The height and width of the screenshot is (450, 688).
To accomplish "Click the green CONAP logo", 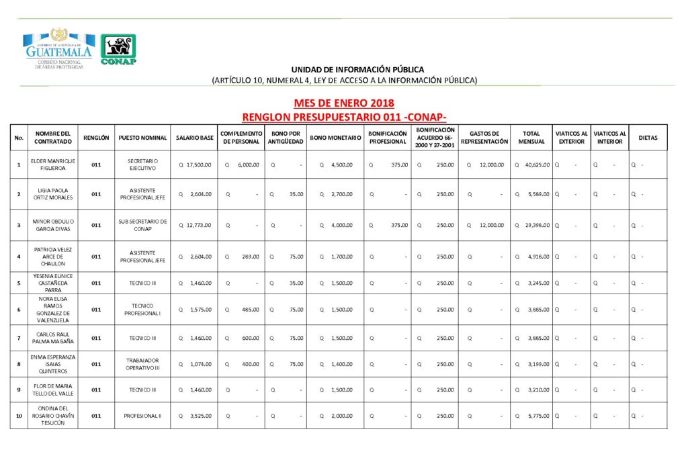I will [x=118, y=49].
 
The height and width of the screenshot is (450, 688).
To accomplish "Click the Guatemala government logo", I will [x=58, y=49].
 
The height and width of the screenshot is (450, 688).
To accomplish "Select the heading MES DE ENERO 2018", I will [x=343, y=103].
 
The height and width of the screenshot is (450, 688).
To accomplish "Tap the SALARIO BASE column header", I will [x=194, y=138].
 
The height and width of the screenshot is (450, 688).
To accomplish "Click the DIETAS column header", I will [x=648, y=138].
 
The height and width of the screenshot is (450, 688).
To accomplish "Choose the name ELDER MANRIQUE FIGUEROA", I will [x=53, y=165].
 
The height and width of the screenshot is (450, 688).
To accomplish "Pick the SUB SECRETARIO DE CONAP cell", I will [x=142, y=226].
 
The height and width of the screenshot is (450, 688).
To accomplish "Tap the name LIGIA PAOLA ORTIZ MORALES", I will [x=53, y=194].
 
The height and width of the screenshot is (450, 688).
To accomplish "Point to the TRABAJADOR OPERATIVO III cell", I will [x=142, y=364].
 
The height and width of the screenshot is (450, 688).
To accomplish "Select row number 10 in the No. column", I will [x=19, y=416].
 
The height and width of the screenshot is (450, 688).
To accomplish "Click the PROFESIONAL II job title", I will [x=142, y=416].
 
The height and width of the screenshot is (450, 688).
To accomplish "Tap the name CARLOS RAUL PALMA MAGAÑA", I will [x=53, y=338].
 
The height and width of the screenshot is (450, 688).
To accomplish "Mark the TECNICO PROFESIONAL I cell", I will [x=142, y=310].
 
